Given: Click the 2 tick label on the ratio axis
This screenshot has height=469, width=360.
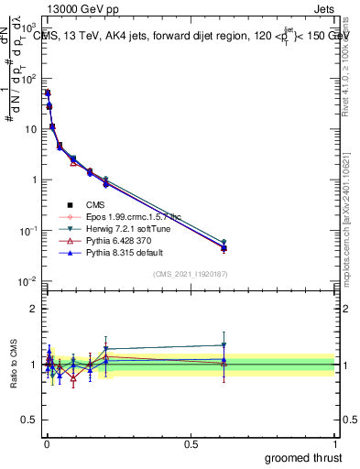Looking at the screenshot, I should [35, 309].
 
